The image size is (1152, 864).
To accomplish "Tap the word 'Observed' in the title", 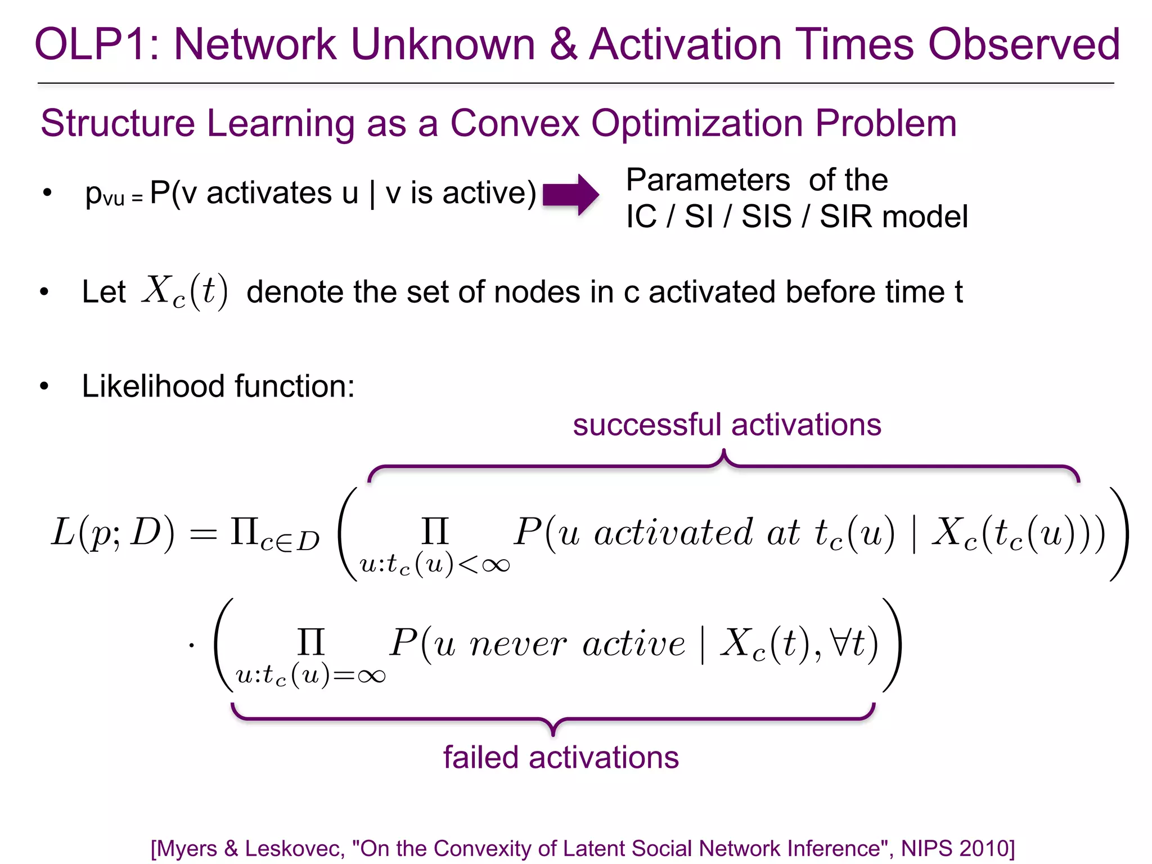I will [1024, 44].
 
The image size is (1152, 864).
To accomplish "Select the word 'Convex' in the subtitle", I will [514, 123].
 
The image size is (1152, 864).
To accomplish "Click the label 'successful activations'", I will [727, 425].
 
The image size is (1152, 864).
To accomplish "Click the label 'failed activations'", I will [561, 757].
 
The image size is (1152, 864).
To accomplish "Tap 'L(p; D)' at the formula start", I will [113, 533].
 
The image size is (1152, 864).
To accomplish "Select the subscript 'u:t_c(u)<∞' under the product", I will [434, 564].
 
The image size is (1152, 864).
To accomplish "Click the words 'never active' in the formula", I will [578, 644].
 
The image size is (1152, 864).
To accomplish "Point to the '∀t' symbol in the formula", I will [850, 643].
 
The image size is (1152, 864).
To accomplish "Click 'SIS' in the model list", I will [766, 217].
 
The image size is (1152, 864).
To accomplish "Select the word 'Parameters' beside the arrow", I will [708, 180].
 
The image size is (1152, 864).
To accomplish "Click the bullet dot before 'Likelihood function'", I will [44, 387].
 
